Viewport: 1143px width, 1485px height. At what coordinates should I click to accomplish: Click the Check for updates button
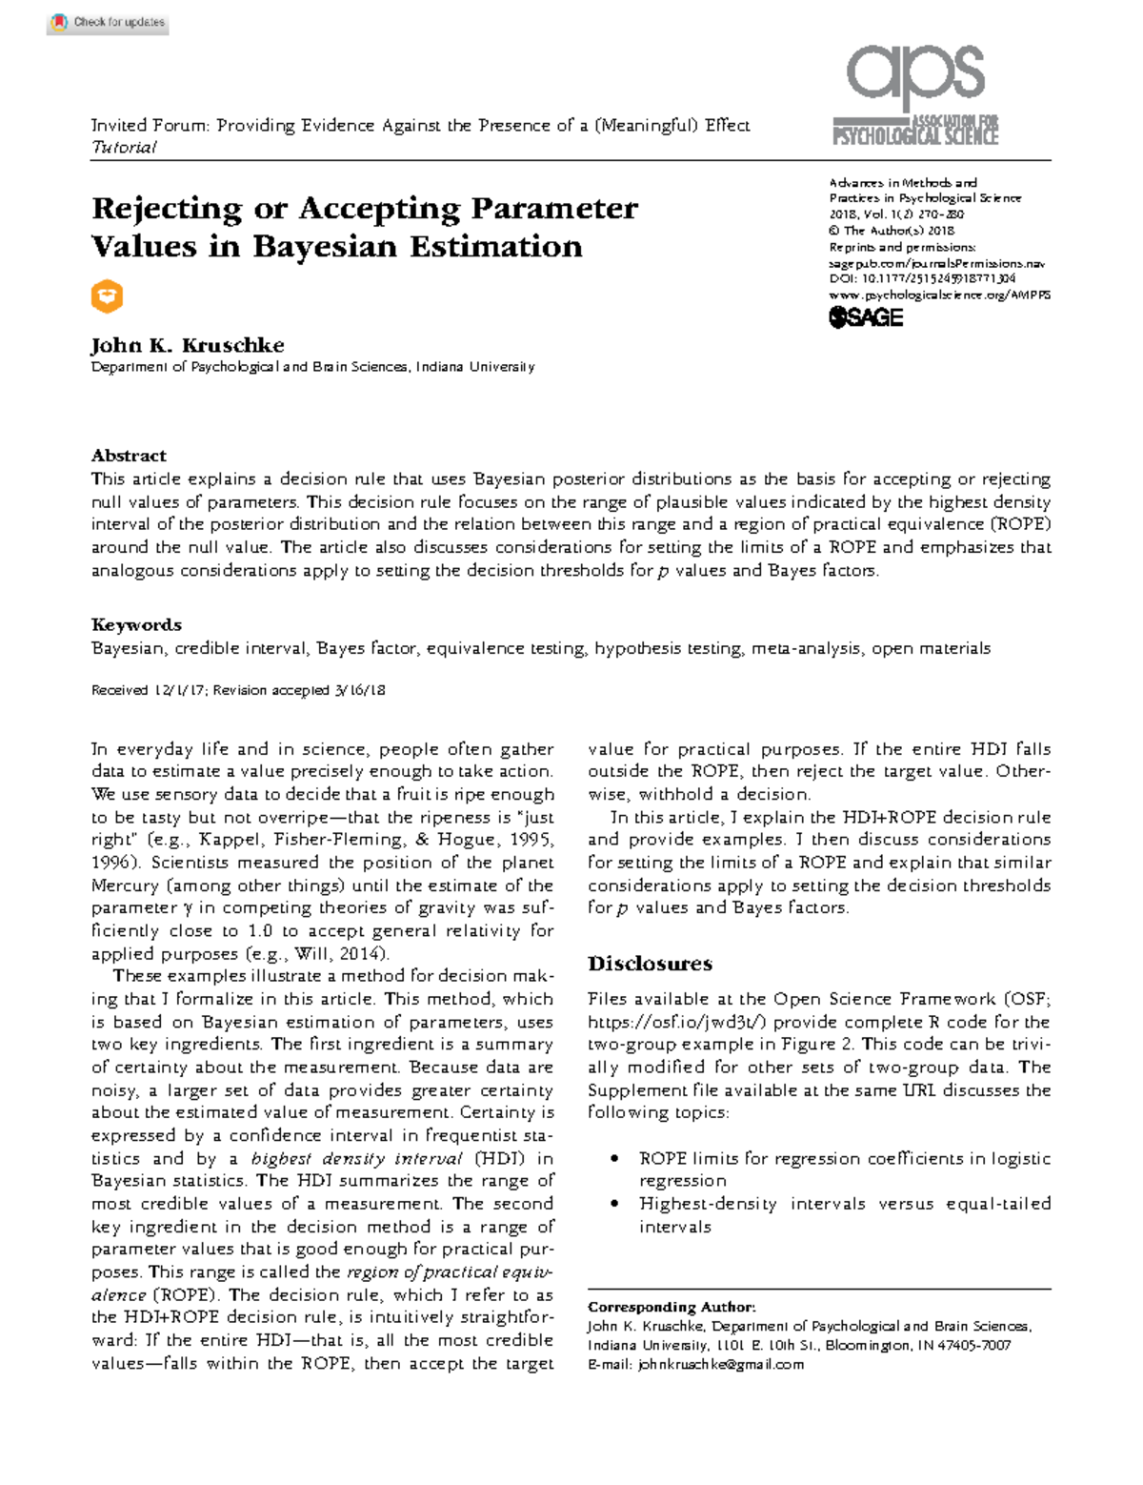pyautogui.click(x=108, y=22)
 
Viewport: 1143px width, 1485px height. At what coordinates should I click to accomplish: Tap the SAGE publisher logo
pyautogui.click(x=866, y=317)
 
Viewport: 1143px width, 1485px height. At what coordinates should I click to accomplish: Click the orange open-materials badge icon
pyautogui.click(x=107, y=296)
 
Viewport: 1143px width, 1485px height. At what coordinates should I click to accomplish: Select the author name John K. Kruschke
pyautogui.click(x=188, y=345)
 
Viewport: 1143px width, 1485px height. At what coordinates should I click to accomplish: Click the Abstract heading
pyautogui.click(x=129, y=456)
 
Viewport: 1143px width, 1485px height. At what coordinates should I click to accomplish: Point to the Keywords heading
pyautogui.click(x=136, y=625)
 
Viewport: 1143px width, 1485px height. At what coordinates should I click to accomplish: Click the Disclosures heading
pyautogui.click(x=650, y=964)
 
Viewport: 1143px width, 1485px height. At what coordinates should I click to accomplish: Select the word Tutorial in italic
pyautogui.click(x=123, y=148)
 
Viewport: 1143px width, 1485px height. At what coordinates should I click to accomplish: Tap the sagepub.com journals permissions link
pyautogui.click(x=936, y=263)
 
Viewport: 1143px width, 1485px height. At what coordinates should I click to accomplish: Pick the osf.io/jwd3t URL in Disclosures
pyautogui.click(x=676, y=1022)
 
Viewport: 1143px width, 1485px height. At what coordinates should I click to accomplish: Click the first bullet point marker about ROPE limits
pyautogui.click(x=615, y=1159)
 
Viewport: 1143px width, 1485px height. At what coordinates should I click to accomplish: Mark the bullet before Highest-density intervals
pyautogui.click(x=615, y=1205)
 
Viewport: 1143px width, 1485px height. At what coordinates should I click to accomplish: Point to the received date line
pyautogui.click(x=237, y=690)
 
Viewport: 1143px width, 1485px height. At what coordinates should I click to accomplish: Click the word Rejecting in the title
pyautogui.click(x=167, y=209)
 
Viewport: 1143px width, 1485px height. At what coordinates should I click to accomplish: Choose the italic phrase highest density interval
pyautogui.click(x=358, y=1159)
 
